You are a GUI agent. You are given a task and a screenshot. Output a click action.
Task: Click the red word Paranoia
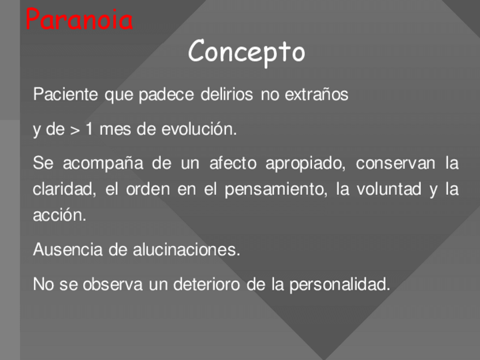pos(79,19)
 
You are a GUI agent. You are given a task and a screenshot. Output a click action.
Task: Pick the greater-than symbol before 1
pos(75,130)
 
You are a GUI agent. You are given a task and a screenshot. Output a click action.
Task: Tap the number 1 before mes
pos(89,128)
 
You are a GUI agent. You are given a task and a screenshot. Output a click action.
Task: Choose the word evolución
pos(199,128)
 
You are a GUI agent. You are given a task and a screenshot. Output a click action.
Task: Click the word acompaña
pos(103,163)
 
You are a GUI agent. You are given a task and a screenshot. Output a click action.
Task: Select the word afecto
pos(233,162)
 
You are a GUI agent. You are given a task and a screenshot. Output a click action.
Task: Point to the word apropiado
pos(306,163)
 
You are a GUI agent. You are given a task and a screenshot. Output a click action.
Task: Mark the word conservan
pos(395,163)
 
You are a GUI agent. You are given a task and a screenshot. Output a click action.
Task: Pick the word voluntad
pos(389,189)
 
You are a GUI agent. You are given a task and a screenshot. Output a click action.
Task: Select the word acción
pos(59,215)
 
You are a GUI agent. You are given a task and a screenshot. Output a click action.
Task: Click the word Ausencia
pos(68,249)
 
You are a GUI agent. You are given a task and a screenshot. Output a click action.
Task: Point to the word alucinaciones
pos(186,249)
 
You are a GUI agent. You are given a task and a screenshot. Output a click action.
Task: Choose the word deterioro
pos(207,284)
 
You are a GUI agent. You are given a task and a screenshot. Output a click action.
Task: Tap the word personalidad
pos(340,284)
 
